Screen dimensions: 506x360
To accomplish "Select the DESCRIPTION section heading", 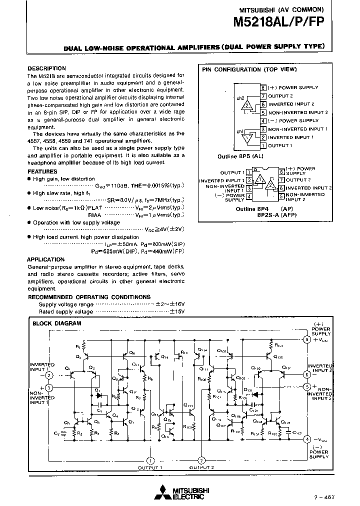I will coord(46,68).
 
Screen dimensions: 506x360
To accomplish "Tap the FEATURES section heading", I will coord(42,171).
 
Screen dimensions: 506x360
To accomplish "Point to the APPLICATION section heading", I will coord(45,259).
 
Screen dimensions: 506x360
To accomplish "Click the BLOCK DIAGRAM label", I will coord(56,323).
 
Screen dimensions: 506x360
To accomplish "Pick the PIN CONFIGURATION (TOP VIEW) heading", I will coord(249,70).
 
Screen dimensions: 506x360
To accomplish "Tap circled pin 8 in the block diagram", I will coord(306,340).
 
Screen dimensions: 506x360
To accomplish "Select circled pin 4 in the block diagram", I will coord(306,439).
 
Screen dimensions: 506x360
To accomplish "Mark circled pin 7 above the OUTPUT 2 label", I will coord(201,460).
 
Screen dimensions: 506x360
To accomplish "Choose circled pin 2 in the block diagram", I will coord(48,375).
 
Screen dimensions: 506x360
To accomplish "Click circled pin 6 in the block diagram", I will coord(306,374).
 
